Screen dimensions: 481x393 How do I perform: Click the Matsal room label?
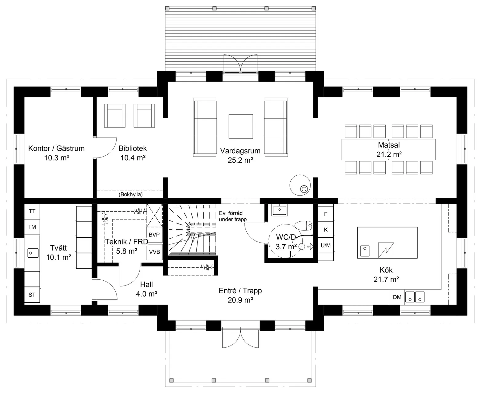pyautogui.click(x=389, y=145)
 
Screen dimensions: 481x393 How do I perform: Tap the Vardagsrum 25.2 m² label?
pyautogui.click(x=240, y=155)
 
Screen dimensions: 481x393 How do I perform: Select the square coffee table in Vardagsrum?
pyautogui.click(x=241, y=126)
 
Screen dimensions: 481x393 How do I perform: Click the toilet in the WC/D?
pyautogui.click(x=304, y=225)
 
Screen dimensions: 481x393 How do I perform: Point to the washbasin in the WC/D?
pyautogui.click(x=279, y=210)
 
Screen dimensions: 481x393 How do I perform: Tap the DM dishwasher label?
pyautogui.click(x=397, y=297)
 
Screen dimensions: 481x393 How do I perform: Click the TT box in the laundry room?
pyautogui.click(x=32, y=211)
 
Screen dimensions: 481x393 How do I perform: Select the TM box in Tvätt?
pyautogui.click(x=32, y=227)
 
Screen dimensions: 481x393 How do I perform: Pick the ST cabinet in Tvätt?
pyautogui.click(x=32, y=295)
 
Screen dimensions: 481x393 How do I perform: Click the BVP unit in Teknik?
pyautogui.click(x=154, y=235)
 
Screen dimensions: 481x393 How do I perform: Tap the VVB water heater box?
pyautogui.click(x=154, y=252)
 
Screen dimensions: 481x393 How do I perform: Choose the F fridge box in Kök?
pyautogui.click(x=326, y=214)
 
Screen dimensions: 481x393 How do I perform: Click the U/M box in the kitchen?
pyautogui.click(x=326, y=245)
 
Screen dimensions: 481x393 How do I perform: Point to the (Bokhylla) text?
pyautogui.click(x=131, y=194)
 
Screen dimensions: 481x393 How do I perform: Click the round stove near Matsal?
pyautogui.click(x=300, y=185)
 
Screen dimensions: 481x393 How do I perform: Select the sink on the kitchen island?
pyautogui.click(x=365, y=251)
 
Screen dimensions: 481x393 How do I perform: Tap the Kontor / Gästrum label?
pyautogui.click(x=56, y=149)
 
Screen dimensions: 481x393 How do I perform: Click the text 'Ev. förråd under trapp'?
pyautogui.click(x=233, y=216)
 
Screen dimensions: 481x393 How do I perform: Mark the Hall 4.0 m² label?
pyautogui.click(x=146, y=289)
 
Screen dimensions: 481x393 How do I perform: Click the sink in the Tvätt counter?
pyautogui.click(x=33, y=253)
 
